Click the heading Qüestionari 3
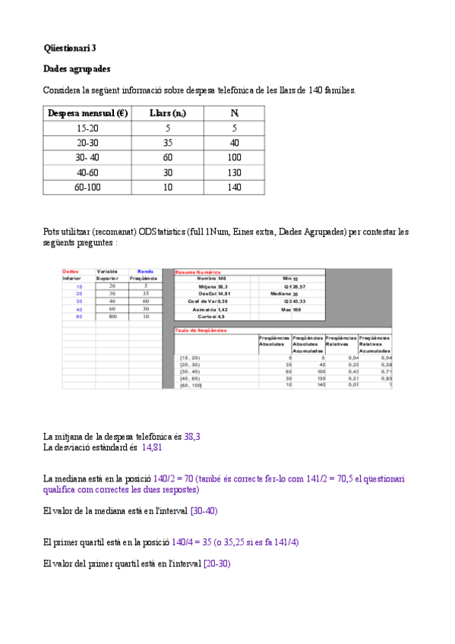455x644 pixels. tap(70, 48)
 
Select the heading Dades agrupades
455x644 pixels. tap(77, 69)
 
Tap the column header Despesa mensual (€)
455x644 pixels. tap(87, 114)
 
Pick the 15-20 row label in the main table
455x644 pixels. tap(87, 129)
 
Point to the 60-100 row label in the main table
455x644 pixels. tap(87, 187)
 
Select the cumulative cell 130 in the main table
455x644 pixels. tap(234, 172)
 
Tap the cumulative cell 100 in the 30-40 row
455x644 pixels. tap(234, 158)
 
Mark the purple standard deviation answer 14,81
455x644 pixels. tap(152, 448)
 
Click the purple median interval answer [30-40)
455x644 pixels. tap(204, 511)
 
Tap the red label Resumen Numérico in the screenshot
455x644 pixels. tap(197, 271)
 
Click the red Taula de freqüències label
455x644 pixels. tap(201, 330)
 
